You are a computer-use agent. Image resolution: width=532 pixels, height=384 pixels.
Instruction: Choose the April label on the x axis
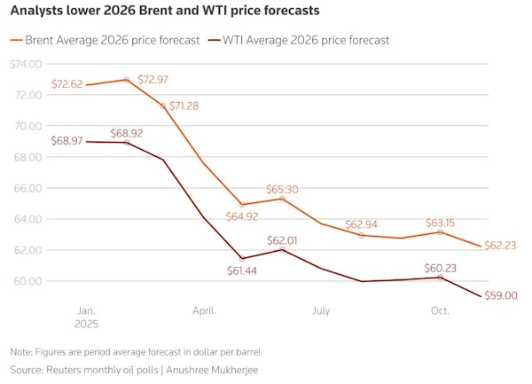(203, 311)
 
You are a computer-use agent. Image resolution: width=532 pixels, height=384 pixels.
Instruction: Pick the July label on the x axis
(321, 311)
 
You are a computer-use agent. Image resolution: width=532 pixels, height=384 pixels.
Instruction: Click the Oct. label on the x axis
(441, 311)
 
